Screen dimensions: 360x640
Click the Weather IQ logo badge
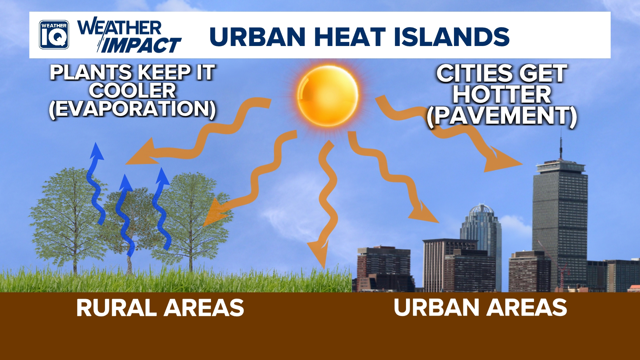(54, 35)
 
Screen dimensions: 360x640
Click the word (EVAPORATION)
(132, 109)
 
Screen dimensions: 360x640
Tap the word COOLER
(132, 90)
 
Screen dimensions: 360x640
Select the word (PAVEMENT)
(502, 116)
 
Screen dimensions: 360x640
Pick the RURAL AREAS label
(160, 307)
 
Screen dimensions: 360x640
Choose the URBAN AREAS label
(480, 307)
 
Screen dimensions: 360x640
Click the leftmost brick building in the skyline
(383, 267)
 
